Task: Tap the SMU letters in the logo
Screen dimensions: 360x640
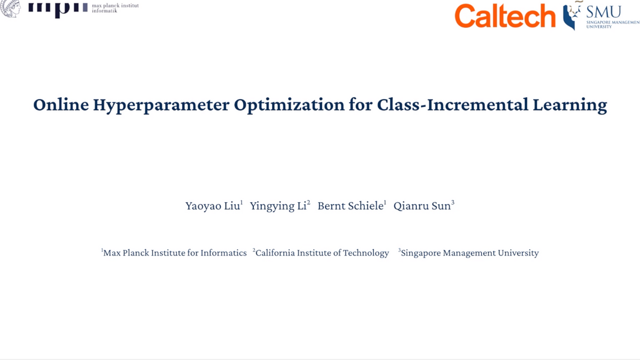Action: tap(603, 12)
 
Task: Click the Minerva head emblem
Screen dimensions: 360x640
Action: tap(11, 8)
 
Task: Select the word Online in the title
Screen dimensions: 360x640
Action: tap(60, 105)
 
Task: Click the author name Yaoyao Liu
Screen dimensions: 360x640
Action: tap(212, 206)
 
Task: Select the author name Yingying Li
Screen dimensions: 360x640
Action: tap(278, 206)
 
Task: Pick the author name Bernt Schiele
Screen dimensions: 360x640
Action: tap(350, 206)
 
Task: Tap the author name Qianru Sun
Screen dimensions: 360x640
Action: tap(422, 206)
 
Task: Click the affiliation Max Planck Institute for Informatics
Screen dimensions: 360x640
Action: tap(175, 253)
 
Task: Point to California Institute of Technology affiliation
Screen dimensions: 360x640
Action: tap(322, 253)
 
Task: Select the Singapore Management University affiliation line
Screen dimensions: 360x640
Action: tap(469, 253)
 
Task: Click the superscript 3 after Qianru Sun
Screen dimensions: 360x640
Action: tap(453, 203)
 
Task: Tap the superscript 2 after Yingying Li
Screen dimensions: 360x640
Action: tap(308, 203)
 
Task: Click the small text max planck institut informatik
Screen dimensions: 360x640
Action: tap(115, 8)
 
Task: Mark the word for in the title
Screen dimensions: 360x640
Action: tap(360, 105)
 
